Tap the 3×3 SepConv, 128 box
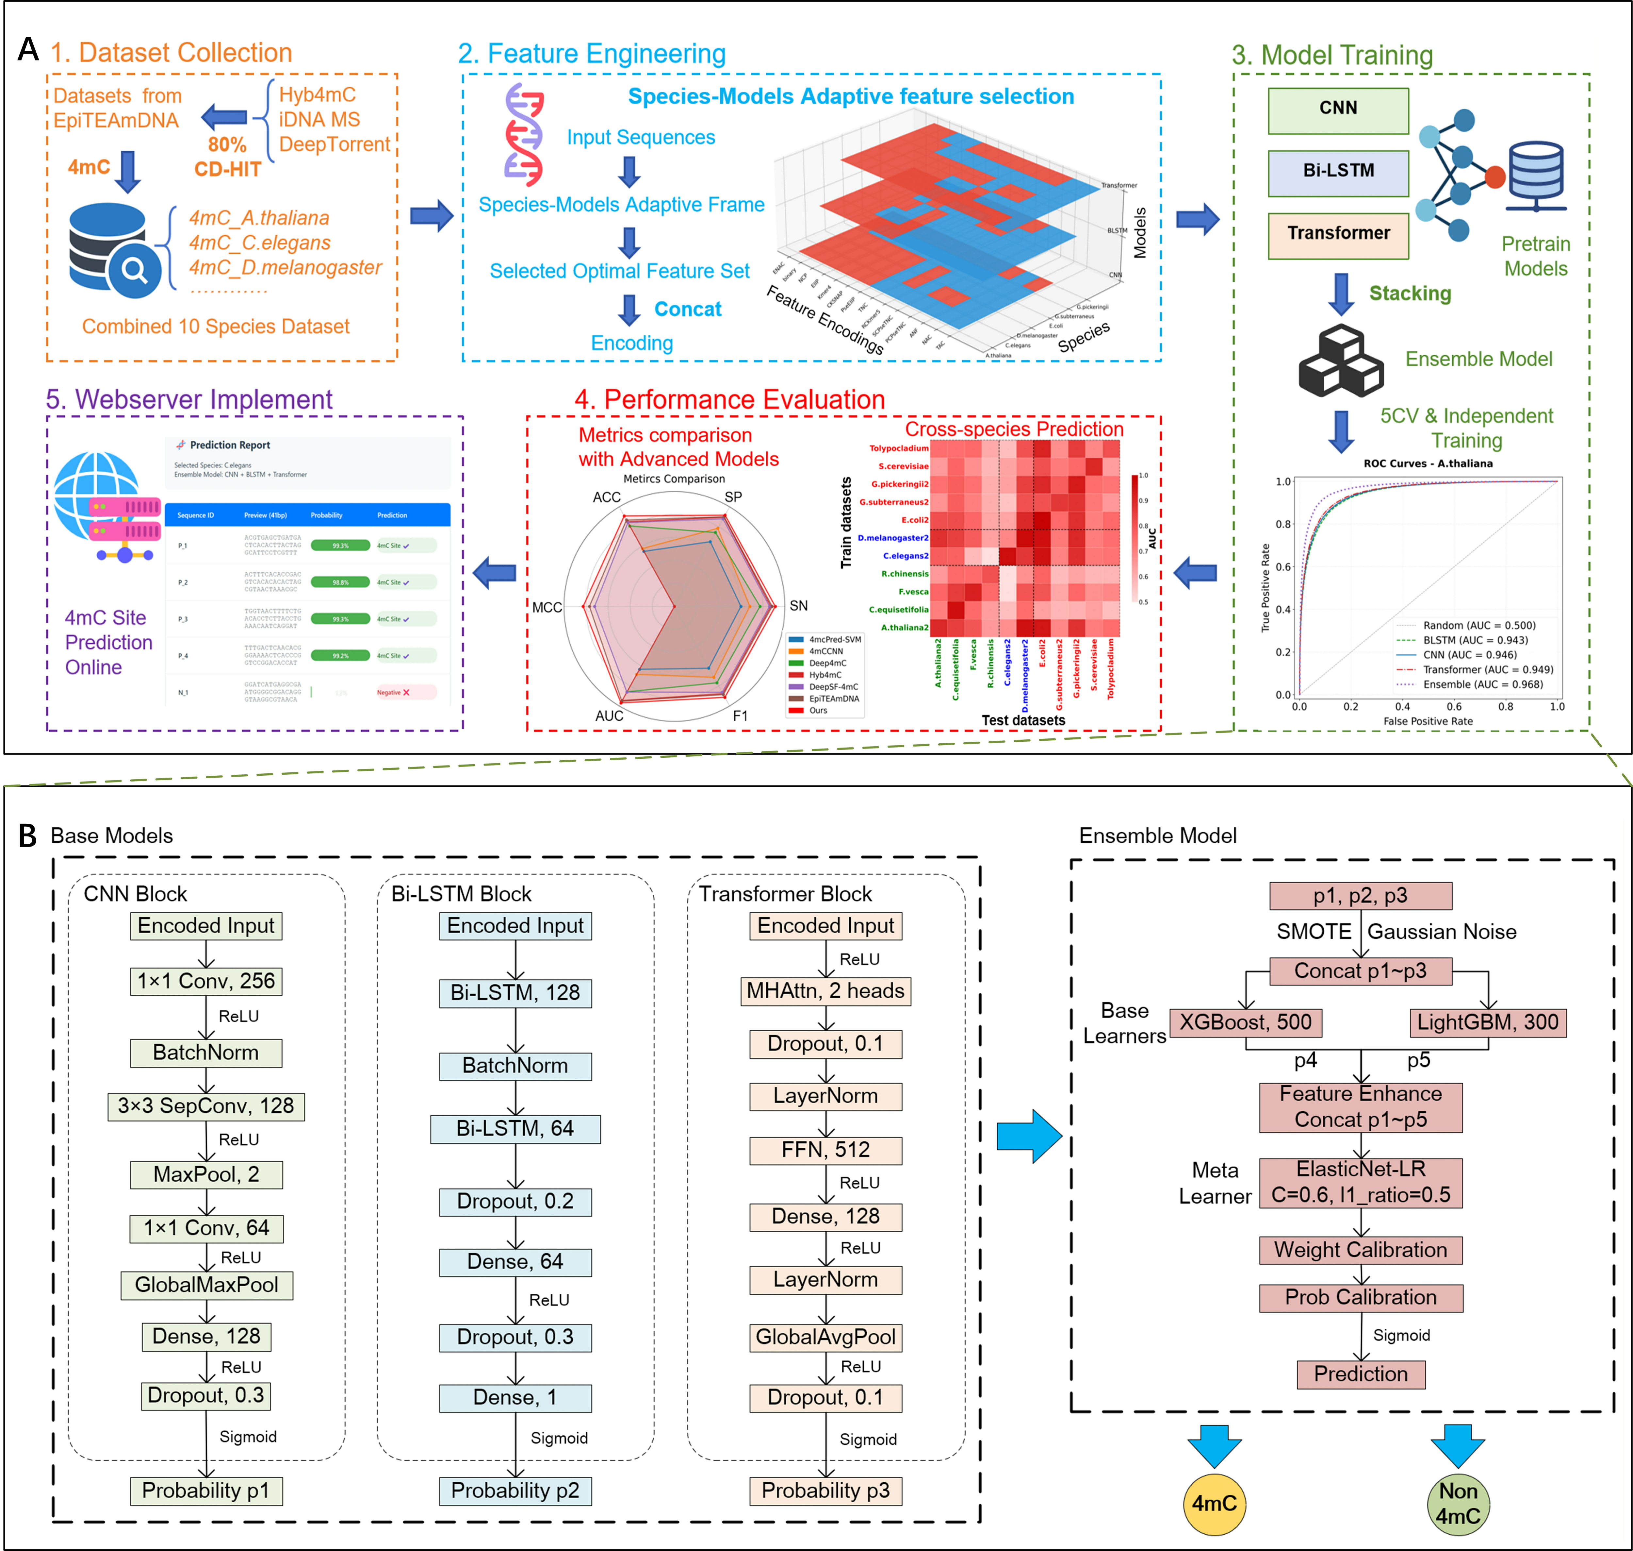click(206, 1106)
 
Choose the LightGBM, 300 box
click(1487, 1023)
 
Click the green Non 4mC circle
click(1458, 1504)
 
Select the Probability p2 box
click(515, 1491)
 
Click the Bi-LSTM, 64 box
click(515, 1129)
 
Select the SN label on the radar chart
click(798, 606)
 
